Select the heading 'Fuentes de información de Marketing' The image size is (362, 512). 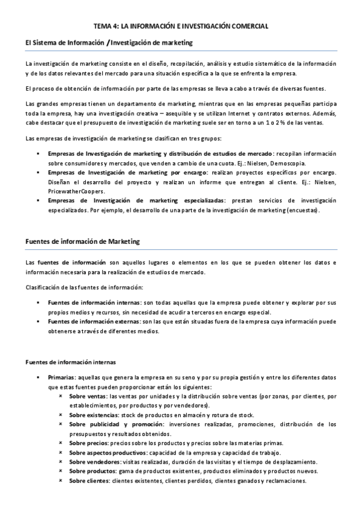83,242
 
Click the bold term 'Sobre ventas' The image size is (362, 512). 87,397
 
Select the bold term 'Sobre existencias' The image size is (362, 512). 94,415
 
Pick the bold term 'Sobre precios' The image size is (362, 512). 88,443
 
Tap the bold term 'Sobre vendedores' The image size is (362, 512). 93,462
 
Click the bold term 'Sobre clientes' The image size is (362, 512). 88,481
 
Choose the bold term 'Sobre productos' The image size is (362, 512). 91,471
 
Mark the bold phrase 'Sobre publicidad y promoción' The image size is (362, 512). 112,424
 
